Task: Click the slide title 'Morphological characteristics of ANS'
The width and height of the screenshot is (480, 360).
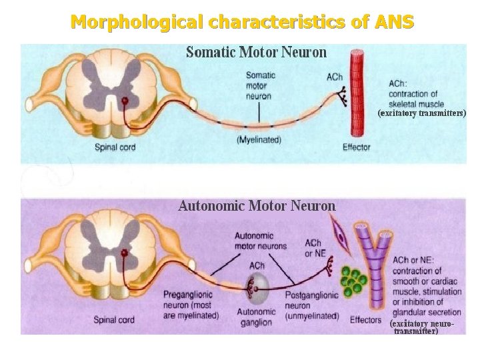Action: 242,22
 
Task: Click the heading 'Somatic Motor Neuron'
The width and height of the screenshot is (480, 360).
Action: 256,52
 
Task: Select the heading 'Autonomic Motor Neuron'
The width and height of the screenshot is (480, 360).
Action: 257,206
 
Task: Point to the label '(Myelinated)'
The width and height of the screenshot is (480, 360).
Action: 259,140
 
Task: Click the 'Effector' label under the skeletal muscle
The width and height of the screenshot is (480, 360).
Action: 356,147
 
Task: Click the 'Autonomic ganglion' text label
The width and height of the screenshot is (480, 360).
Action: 257,317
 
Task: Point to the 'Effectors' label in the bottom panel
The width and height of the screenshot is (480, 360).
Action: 365,321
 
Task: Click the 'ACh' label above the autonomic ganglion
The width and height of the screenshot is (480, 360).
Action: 256,265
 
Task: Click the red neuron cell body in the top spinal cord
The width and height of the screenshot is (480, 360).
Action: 124,101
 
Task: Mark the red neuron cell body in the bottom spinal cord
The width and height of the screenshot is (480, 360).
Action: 124,253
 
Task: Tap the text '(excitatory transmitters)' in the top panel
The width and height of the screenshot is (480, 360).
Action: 422,113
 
